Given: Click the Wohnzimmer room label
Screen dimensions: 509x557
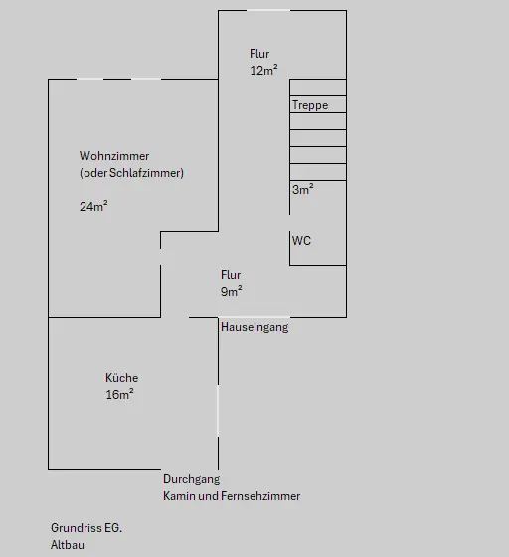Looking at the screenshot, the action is [114, 156].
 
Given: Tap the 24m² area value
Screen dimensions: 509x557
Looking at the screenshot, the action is [93, 206].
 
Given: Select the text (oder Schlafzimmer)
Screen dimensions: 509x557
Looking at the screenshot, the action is [131, 173].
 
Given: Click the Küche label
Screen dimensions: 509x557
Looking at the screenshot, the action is [121, 377].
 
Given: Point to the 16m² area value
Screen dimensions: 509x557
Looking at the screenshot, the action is [119, 394].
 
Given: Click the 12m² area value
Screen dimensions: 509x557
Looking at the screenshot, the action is [263, 70].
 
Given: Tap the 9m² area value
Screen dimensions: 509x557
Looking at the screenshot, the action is [232, 291].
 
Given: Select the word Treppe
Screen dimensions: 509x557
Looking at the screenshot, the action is [310, 105].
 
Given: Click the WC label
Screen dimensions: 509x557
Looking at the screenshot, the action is [301, 240].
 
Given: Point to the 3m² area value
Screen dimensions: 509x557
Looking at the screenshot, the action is [303, 189].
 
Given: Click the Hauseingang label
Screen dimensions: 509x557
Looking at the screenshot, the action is [254, 327].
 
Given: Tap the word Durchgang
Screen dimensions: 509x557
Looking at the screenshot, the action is [191, 479].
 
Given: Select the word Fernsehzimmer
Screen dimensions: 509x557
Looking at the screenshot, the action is [260, 496].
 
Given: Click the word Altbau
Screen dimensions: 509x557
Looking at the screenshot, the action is [68, 545].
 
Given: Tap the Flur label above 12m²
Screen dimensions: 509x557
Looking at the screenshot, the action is [259, 54].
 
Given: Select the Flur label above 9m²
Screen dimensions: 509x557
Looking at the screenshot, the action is [231, 275].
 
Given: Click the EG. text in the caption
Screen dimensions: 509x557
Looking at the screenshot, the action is [113, 528].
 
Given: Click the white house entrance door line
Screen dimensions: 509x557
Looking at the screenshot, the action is [254, 317].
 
